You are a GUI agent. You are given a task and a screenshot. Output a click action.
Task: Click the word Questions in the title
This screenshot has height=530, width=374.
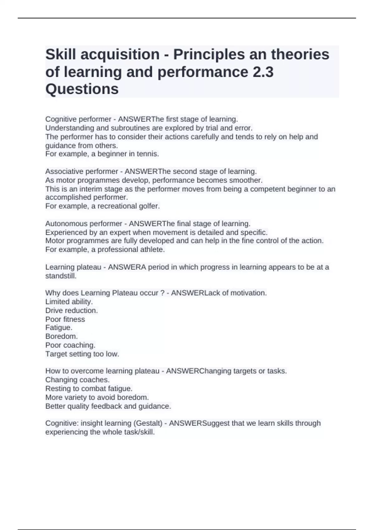coord(82,89)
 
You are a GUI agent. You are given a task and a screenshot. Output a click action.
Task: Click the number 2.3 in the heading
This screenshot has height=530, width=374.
coord(261,72)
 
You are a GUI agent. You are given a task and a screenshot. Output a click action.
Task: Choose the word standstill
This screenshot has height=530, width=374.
coord(61,276)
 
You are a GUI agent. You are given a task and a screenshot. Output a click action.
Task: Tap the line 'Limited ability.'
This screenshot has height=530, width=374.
coord(69,301)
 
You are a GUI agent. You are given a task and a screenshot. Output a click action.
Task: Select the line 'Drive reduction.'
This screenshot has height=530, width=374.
coord(71,310)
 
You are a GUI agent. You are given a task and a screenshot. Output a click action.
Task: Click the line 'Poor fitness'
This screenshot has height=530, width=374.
coord(65,319)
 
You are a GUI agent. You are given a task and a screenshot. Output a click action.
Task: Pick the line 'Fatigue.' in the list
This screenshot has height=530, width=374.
coord(59,328)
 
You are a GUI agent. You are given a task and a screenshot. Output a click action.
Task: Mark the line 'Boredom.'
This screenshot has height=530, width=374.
coord(61,336)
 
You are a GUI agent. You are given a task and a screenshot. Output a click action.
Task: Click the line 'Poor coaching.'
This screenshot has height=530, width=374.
coord(70,345)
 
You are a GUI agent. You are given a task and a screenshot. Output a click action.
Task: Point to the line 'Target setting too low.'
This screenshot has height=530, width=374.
coord(82,354)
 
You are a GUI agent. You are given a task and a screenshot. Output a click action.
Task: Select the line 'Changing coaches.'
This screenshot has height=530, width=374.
coord(77,380)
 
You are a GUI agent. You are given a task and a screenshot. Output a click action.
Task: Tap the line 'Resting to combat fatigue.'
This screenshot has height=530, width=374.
coord(89,388)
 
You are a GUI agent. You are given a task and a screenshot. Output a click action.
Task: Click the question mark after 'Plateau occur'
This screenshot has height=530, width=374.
coord(162,293)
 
